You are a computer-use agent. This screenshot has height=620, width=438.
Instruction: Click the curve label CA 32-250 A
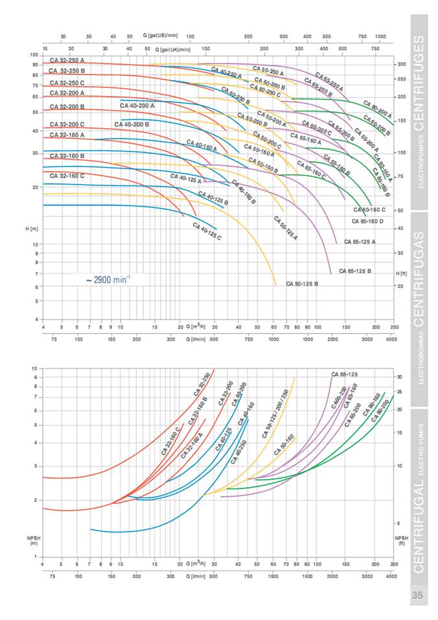(67, 60)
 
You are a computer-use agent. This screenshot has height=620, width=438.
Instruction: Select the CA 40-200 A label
(137, 105)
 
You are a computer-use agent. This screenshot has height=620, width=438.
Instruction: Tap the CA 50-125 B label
(302, 283)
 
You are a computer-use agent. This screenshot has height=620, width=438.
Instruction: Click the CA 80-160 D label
(368, 221)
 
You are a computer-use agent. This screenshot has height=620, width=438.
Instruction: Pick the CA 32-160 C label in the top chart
(67, 176)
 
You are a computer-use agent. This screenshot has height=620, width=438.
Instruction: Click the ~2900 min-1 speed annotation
(108, 280)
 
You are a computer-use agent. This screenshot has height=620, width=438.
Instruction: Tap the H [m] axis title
(32, 229)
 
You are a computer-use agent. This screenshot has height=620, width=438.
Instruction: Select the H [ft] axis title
(402, 274)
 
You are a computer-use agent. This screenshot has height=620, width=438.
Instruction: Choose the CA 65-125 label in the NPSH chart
(345, 374)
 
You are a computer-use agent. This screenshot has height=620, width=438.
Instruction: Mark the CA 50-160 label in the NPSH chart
(284, 445)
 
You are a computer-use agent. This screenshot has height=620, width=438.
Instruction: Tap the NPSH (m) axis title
(32, 540)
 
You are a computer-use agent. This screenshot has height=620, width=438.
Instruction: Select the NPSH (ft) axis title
(402, 540)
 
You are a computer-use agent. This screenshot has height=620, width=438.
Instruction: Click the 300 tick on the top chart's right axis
(402, 64)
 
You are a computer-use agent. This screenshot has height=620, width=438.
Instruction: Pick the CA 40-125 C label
(207, 232)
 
